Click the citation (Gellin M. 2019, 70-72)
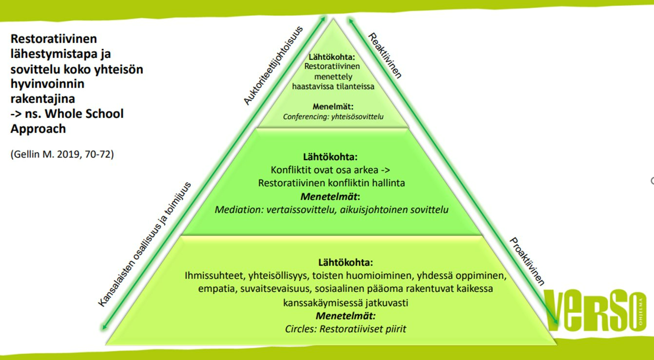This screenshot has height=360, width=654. point(62,155)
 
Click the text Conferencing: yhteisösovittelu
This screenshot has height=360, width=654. point(334,116)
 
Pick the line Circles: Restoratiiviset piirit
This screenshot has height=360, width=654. point(346,329)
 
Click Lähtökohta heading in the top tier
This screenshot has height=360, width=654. point(331,57)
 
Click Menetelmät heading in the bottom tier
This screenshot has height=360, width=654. point(346,316)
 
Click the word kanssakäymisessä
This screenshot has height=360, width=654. point(324,303)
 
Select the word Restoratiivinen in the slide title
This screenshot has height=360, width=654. point(54,38)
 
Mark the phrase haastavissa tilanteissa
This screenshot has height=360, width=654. point(333,86)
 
